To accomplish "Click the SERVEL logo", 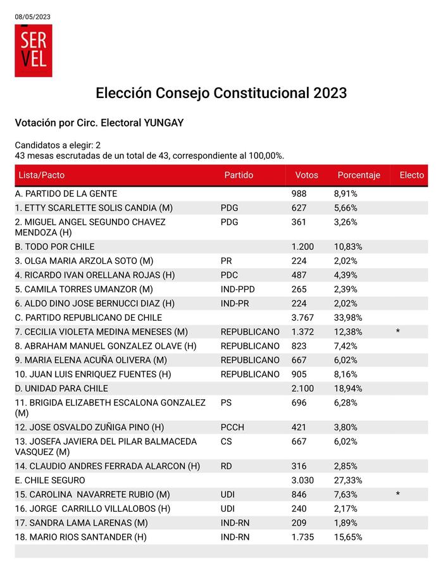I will point(34,51).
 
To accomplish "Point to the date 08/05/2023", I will point(32,16).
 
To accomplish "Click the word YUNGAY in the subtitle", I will point(164,123).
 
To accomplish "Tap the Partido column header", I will point(239,175).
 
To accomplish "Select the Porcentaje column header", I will point(359,175).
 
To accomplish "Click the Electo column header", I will point(411,175).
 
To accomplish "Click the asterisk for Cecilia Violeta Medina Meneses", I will point(397,332).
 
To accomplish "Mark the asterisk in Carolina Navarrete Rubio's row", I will point(397,494).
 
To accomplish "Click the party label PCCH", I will point(232,427).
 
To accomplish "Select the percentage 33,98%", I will point(347,318).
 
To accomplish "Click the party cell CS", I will point(227,442).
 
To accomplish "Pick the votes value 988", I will point(299,194).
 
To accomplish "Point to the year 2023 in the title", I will point(329,93).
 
